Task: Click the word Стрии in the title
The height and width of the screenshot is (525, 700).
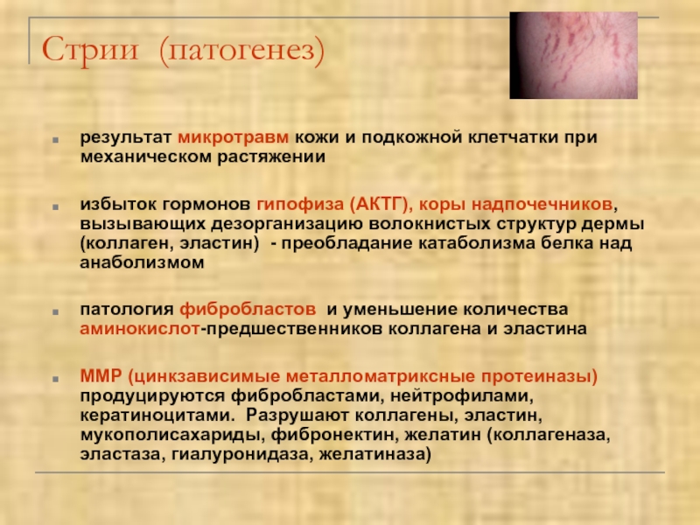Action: pyautogui.click(x=90, y=49)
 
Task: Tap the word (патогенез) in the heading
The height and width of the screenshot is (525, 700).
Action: pyautogui.click(x=241, y=51)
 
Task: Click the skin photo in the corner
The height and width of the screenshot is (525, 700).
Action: pyautogui.click(x=574, y=55)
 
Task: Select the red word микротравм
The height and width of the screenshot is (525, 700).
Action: pyautogui.click(x=234, y=136)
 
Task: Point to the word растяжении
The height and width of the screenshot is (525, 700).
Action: pyautogui.click(x=271, y=157)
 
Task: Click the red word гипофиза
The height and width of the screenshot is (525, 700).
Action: pyautogui.click(x=300, y=205)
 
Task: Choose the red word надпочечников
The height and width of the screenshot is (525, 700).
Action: pyautogui.click(x=542, y=205)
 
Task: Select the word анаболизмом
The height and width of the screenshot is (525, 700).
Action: pyautogui.click(x=142, y=262)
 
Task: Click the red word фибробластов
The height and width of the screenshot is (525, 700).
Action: pyautogui.click(x=248, y=310)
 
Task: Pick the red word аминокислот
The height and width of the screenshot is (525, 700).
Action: pyautogui.click(x=140, y=329)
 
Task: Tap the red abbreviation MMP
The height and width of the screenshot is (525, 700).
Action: pyautogui.click(x=101, y=376)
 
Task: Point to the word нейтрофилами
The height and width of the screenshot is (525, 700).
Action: pyautogui.click(x=462, y=395)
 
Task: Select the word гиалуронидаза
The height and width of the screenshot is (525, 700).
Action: pyautogui.click(x=242, y=454)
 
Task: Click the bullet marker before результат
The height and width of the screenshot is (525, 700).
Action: pyautogui.click(x=55, y=140)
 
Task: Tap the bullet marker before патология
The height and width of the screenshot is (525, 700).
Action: pyautogui.click(x=55, y=312)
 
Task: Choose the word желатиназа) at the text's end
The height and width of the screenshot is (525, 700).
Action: pyautogui.click(x=375, y=454)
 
